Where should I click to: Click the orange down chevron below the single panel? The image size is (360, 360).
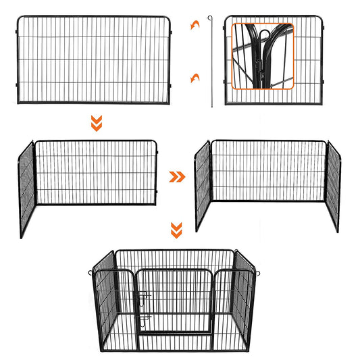coord(96,122)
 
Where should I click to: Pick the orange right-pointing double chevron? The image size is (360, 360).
coord(176,177)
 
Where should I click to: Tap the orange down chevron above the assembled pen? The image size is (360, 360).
coord(176,230)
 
